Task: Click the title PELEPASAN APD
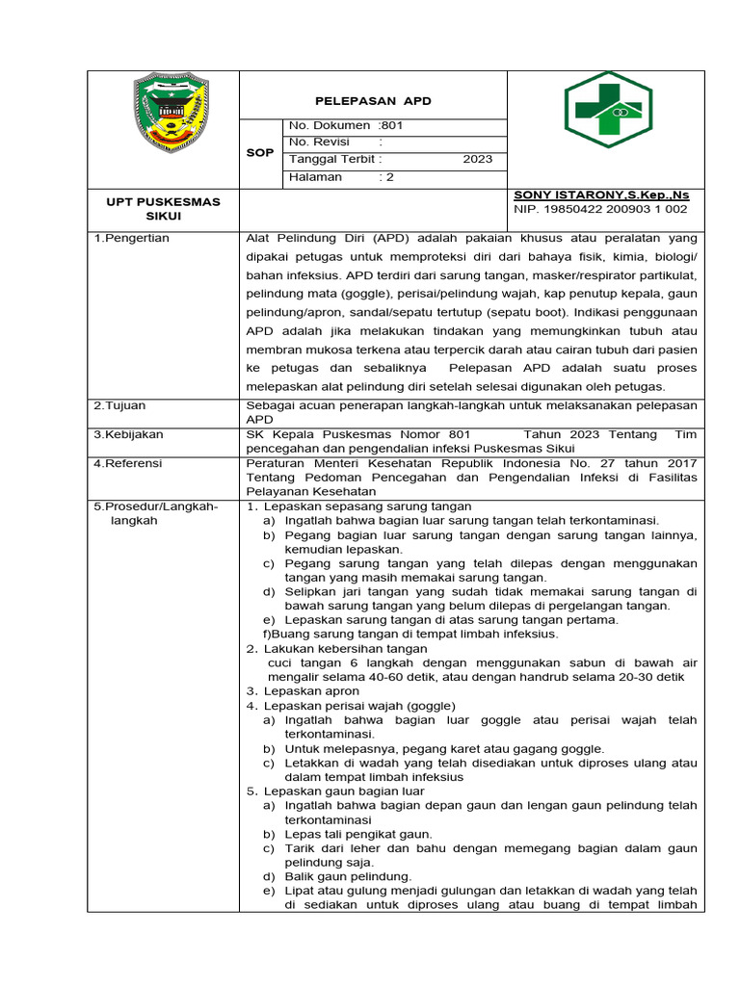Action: pos(374,101)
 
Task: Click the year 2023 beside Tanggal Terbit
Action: pos(477,160)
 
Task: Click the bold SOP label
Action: pos(260,152)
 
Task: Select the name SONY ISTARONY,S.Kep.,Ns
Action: pos(602,194)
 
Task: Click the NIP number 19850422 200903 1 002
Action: pos(602,208)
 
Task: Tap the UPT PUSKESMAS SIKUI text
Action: pos(163,209)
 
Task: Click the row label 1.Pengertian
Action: pos(131,238)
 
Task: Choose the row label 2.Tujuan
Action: pos(119,405)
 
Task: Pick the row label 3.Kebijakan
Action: pos(128,434)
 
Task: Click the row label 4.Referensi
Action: pos(127,463)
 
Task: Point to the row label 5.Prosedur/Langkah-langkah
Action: pos(155,513)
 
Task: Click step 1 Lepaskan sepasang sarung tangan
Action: pos(366,506)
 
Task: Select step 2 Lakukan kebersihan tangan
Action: pos(345,649)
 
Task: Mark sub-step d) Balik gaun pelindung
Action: pos(347,876)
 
